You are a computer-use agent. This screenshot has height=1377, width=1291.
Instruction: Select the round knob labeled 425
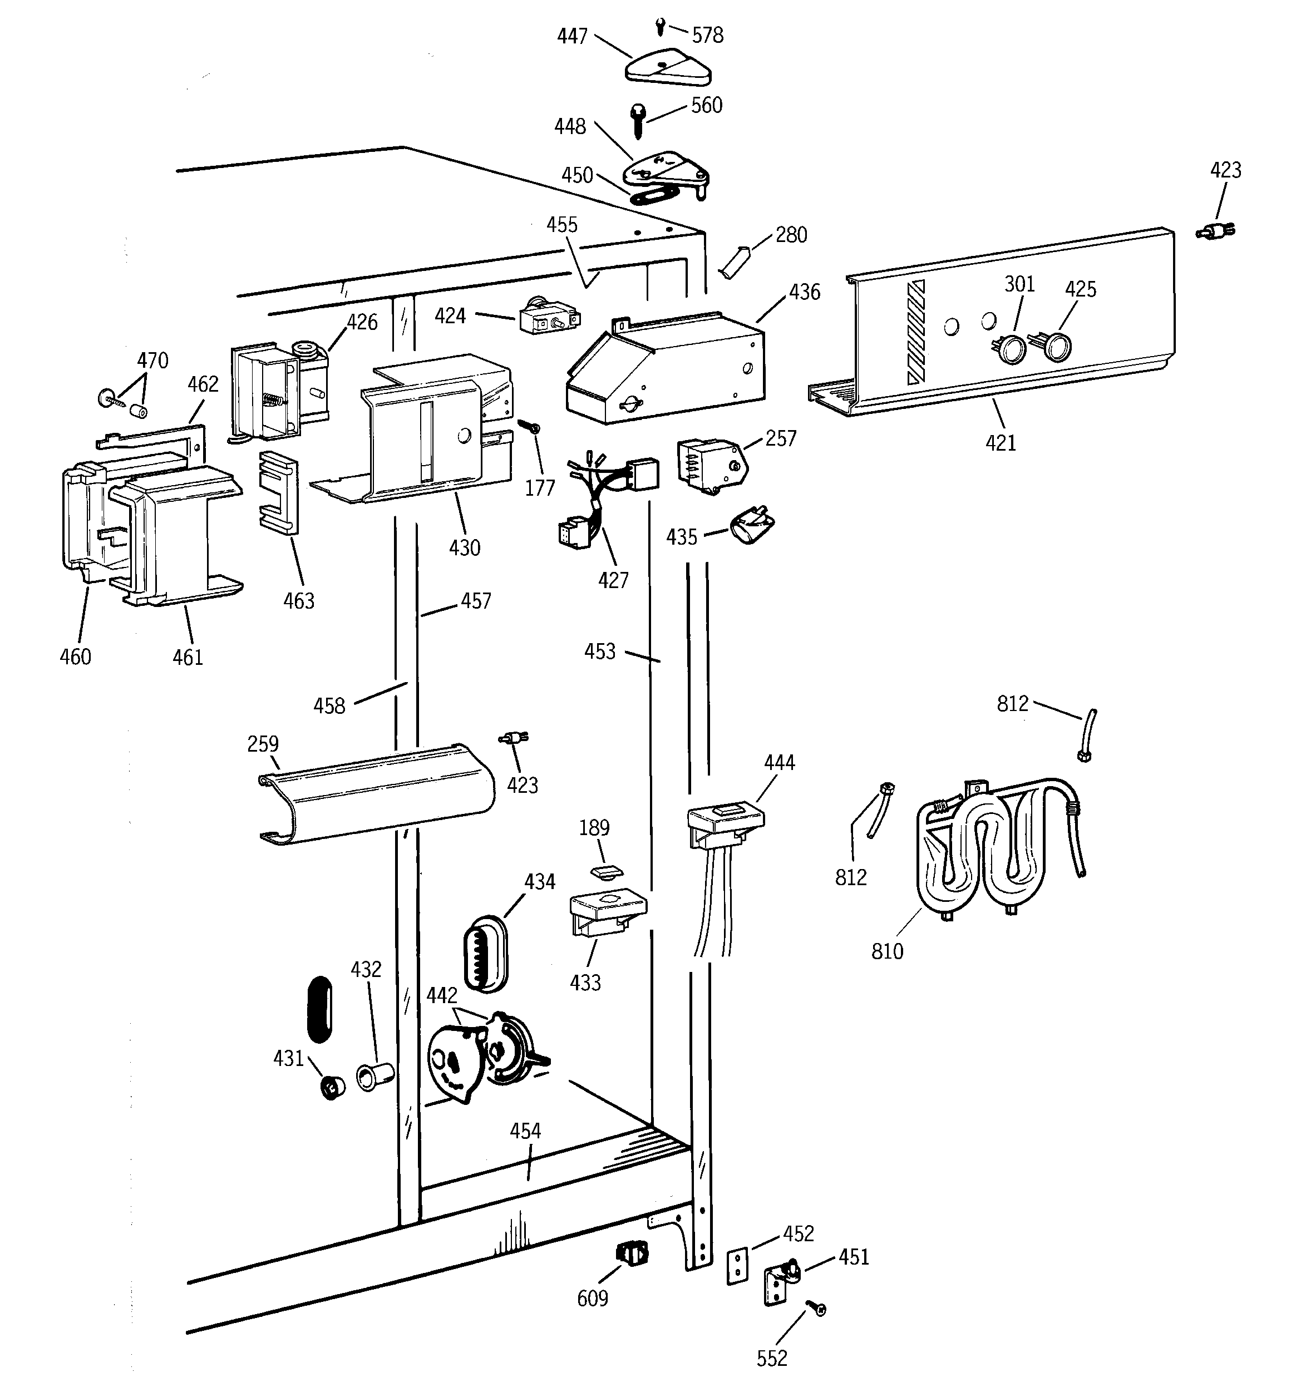tap(1056, 346)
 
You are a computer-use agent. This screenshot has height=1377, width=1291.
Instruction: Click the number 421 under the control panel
tap(1001, 443)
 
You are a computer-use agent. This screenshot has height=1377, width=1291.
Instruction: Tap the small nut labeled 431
tap(334, 1088)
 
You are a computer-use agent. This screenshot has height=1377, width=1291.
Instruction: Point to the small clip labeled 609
tap(632, 1253)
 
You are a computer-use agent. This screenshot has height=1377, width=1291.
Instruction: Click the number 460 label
tap(75, 657)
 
